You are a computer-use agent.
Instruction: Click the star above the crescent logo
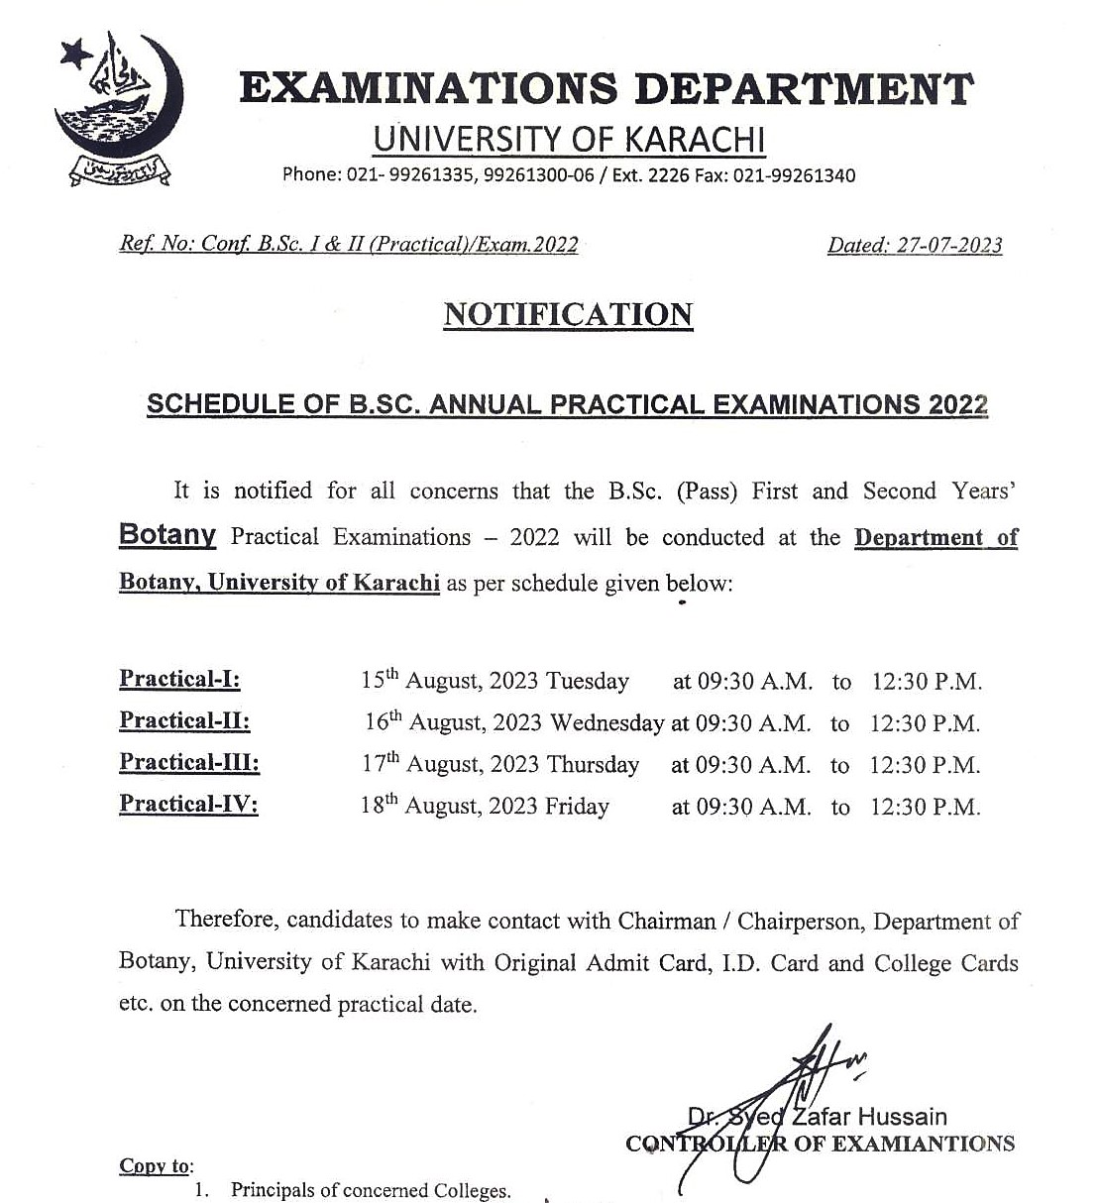tap(73, 54)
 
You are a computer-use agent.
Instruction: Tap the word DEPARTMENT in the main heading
tap(804, 89)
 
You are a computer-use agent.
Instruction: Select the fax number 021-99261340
tap(794, 175)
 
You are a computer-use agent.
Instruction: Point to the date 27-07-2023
tap(949, 245)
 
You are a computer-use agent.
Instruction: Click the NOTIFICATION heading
tap(568, 314)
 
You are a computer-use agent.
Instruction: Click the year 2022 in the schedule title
tap(958, 404)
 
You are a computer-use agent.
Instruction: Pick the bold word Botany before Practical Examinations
tap(167, 535)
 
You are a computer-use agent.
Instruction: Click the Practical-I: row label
tap(179, 679)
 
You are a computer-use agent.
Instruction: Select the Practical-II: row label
tap(184, 720)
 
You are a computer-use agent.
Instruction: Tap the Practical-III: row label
tap(189, 762)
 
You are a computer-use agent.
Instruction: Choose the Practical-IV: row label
tap(188, 804)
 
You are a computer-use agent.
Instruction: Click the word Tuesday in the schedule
tap(588, 681)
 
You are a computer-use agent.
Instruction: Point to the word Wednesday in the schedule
tap(606, 722)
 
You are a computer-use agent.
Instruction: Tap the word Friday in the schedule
tap(577, 806)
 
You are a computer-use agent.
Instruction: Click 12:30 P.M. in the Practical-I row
tap(927, 682)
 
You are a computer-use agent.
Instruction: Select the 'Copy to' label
tap(156, 1165)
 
